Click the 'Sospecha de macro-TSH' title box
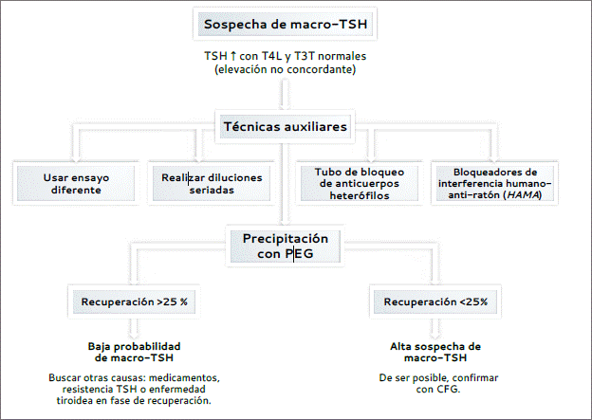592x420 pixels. pos(285,24)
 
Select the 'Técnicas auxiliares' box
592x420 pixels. pos(285,126)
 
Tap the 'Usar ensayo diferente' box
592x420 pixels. pos(76,183)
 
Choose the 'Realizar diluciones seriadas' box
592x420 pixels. pos(212,183)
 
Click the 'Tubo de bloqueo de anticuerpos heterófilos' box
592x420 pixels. pos(359,183)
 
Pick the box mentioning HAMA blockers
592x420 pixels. pos(494,183)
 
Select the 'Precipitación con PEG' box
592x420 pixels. pos(285,247)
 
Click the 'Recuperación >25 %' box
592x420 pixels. pos(134,301)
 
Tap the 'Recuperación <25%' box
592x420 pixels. pos(435,301)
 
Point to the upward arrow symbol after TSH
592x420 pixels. pos(233,56)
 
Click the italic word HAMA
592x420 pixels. pos(523,195)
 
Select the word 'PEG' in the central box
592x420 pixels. pos(299,253)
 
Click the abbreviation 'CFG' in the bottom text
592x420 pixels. pos(448,389)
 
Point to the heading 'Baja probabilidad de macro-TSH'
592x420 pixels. pos(134,352)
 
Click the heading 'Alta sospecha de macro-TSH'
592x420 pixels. pos(435,352)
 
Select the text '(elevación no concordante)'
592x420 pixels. pos(285,69)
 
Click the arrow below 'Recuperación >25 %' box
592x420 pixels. pos(134,329)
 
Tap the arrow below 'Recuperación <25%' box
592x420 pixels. pos(435,329)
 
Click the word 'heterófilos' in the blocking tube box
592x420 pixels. pos(359,195)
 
